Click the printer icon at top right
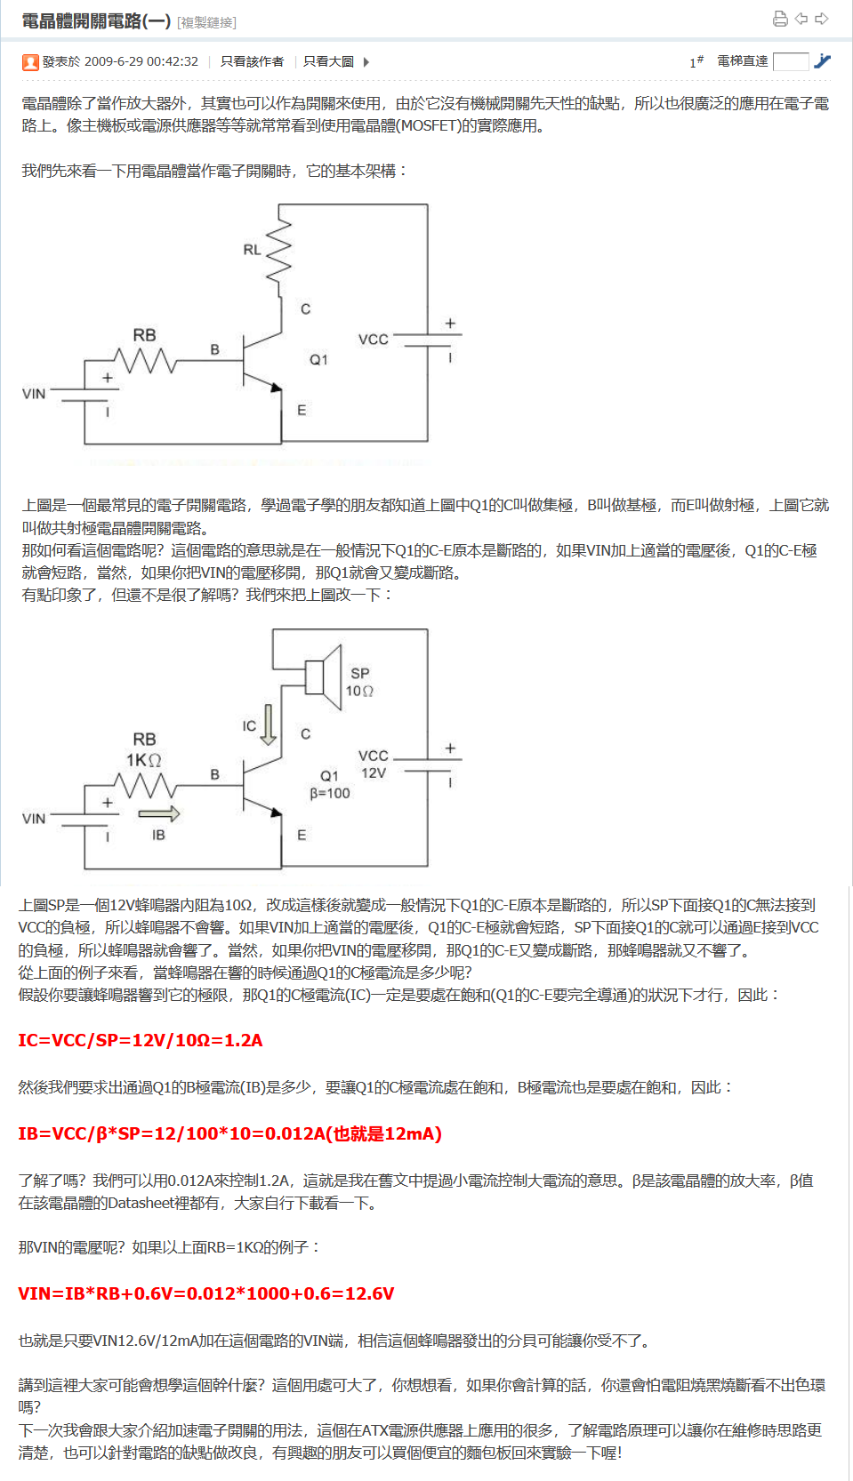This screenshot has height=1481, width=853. (780, 19)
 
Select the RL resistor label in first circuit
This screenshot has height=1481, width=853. (252, 250)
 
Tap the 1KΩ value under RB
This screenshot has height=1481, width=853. (143, 760)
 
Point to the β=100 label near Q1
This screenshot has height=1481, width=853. (329, 793)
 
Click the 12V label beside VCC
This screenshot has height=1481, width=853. (374, 773)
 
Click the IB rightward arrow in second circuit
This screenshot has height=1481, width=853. (159, 813)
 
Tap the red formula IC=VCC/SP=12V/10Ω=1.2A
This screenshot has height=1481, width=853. (141, 1040)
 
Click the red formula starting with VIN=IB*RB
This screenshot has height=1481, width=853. (205, 1293)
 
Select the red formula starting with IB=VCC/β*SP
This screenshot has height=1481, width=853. (229, 1133)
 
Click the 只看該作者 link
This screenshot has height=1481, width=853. (252, 61)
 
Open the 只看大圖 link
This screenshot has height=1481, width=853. (328, 61)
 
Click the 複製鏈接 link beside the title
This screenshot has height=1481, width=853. (206, 22)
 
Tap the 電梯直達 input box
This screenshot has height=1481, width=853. (791, 61)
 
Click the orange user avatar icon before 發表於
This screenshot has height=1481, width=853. (30, 62)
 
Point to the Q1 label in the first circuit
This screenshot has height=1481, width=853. (318, 360)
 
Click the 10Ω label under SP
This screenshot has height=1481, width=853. (359, 691)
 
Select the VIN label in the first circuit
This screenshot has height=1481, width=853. (34, 394)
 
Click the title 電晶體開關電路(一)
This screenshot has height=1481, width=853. (96, 20)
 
